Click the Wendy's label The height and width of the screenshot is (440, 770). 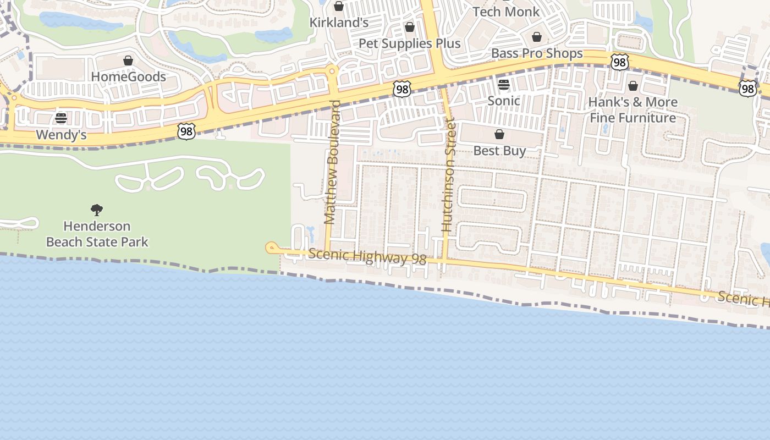coord(61,135)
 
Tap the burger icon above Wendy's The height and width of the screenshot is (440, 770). coord(61,118)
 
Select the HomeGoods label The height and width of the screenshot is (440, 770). coord(128,76)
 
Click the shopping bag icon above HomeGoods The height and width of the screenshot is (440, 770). coord(128,61)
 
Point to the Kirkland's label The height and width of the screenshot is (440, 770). coord(339,23)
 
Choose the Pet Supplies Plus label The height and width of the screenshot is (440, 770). coord(409,43)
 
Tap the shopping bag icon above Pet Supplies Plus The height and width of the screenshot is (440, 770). coord(409,27)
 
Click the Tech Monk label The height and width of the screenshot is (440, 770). coord(506,12)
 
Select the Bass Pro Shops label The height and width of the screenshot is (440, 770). coord(537,53)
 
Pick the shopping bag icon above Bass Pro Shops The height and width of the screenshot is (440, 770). coord(537,37)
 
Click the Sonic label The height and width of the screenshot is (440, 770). coord(504,101)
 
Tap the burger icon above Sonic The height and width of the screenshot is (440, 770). coord(504,85)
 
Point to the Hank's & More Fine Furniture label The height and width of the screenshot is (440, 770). coord(632,109)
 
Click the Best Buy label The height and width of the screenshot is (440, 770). coord(499,151)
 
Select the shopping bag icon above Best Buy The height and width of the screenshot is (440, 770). coord(499,134)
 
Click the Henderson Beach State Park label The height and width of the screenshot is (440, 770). coord(97,234)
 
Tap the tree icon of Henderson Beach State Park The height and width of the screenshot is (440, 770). coord(97,210)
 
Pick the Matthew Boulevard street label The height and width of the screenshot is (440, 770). coord(331,162)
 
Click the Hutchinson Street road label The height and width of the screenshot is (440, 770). coord(448,176)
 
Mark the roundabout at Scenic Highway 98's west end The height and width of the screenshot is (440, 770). coord(271,248)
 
